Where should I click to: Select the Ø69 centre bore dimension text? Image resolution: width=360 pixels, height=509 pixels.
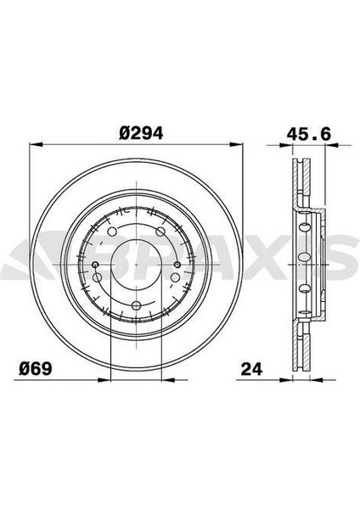(39, 367)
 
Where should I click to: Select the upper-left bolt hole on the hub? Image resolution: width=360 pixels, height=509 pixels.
(110, 231)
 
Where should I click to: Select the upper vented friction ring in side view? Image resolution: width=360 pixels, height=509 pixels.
(301, 182)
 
